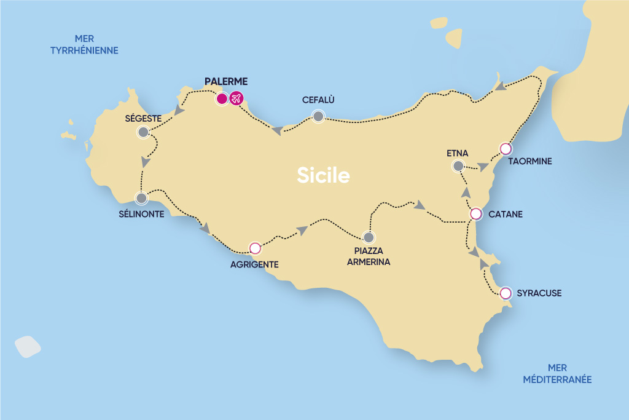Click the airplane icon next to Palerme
236,98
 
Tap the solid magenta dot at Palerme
222,98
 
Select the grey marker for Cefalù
318,116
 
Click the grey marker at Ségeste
143,132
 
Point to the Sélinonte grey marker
141,199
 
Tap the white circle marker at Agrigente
255,248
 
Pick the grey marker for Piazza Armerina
369,237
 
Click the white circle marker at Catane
475,214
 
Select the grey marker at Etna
458,165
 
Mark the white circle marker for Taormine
506,148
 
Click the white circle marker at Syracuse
506,293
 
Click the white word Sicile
323,176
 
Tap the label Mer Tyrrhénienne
84,45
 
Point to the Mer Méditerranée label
557,374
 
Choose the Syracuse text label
539,293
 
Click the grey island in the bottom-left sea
28,346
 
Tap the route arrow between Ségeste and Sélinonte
146,162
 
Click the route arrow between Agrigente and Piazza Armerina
302,230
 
